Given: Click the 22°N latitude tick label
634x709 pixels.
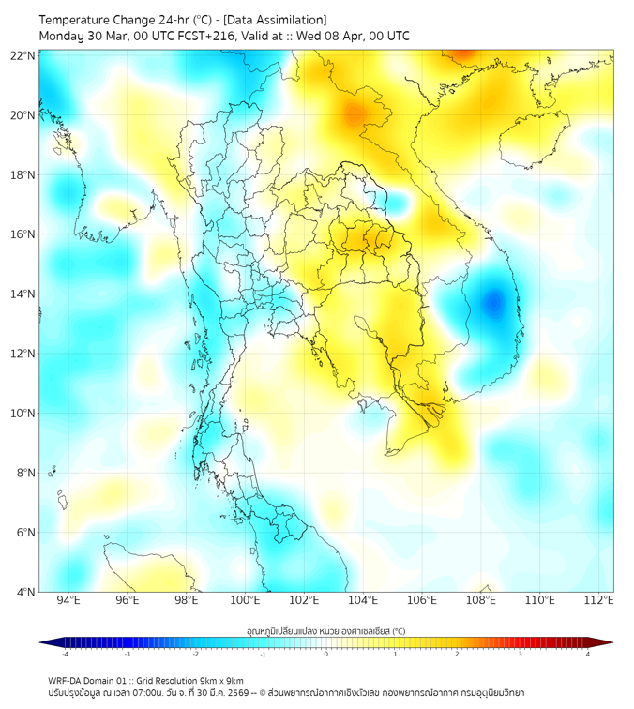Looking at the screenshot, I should (x=23, y=55).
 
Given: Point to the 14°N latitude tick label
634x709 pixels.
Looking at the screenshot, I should (x=23, y=294).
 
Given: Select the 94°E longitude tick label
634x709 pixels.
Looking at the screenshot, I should (x=68, y=600).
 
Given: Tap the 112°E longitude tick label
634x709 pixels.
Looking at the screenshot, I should (x=597, y=600).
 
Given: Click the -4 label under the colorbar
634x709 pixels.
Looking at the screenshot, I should (x=64, y=654).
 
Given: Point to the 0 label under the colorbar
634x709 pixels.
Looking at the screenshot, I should (x=326, y=654).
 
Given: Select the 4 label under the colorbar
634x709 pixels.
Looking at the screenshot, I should (x=588, y=654).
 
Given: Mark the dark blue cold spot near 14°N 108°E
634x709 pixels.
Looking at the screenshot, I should (x=493, y=302).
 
